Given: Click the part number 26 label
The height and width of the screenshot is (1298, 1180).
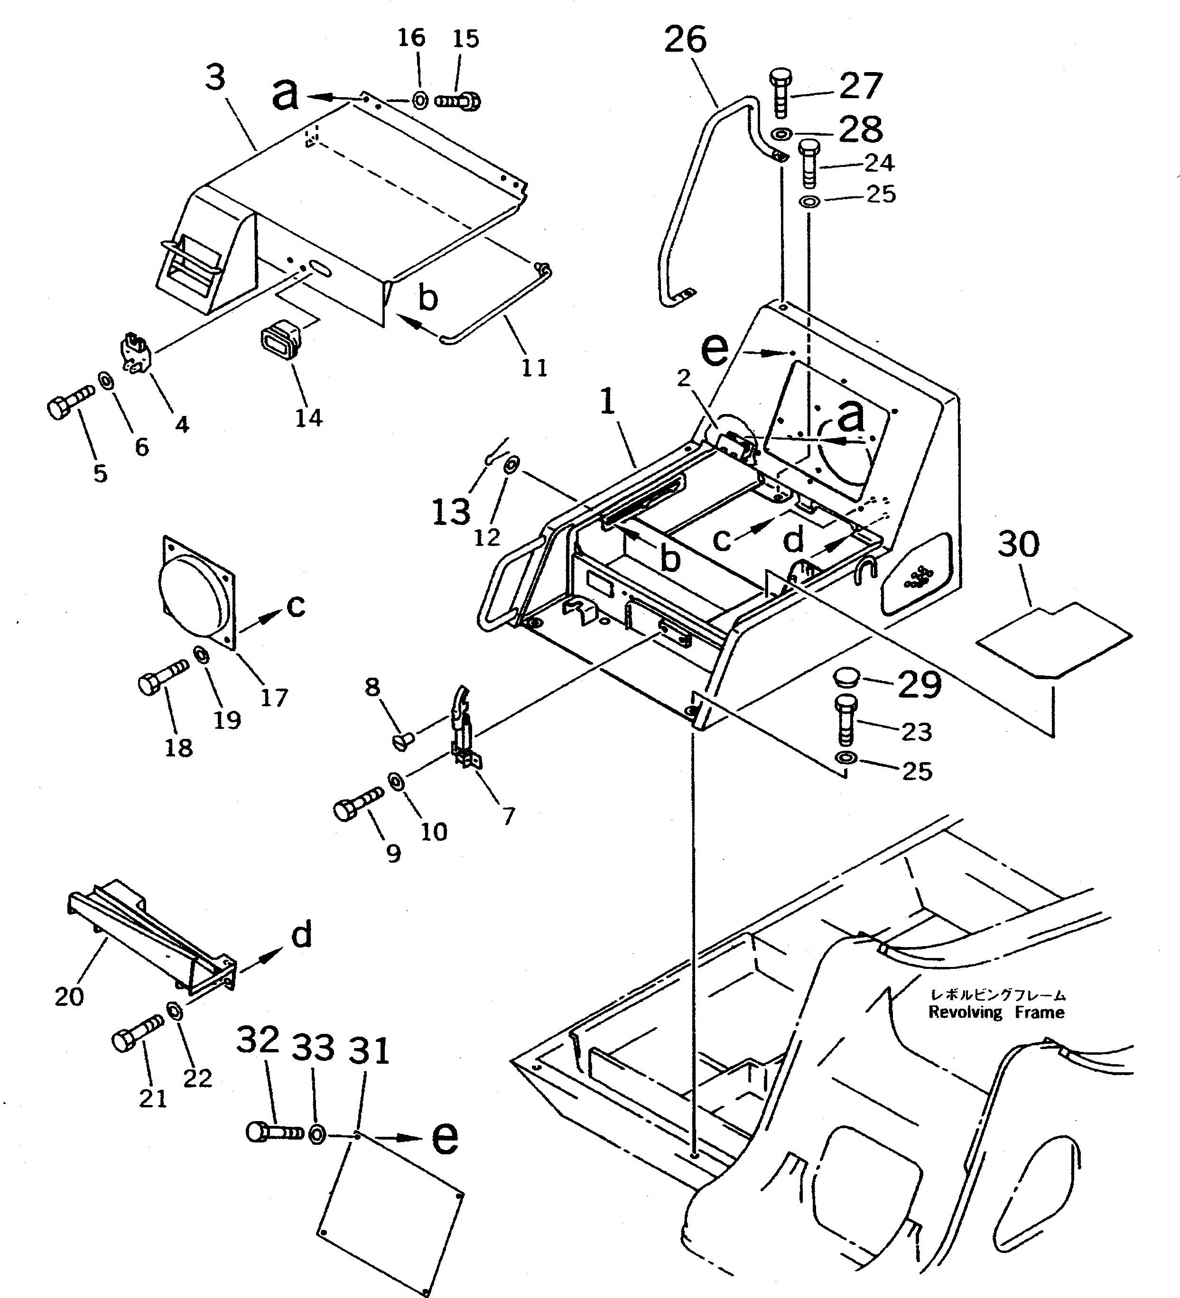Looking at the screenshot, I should coord(685,40).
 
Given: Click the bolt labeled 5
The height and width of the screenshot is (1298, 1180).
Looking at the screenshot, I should coord(68,403).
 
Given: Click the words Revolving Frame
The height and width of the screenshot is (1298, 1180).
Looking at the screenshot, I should coord(996,1012).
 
